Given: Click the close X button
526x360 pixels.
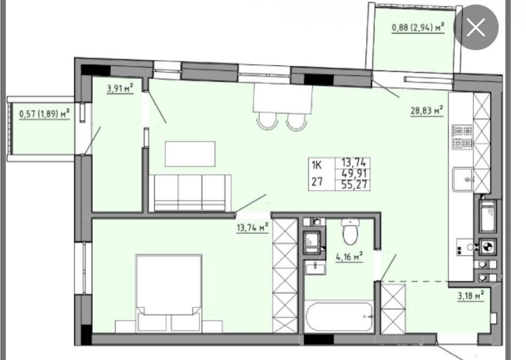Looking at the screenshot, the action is [476, 27].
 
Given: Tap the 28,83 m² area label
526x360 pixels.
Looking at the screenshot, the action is [427, 111].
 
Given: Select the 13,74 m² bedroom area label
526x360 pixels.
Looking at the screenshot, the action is [252, 227].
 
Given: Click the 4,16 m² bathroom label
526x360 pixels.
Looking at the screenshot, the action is [349, 257].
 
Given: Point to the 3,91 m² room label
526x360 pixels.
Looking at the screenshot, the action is [120, 88].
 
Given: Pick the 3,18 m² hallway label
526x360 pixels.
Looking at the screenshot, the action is [471, 296].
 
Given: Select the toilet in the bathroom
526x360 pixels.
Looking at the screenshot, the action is [350, 231].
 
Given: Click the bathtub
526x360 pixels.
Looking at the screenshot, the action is [339, 316].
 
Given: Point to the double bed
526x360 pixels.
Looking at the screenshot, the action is [169, 293].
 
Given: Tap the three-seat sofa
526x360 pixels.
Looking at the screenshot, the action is [190, 193].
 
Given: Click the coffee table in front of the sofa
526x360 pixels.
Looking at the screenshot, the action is [190, 154].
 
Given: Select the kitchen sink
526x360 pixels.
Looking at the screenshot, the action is [462, 179].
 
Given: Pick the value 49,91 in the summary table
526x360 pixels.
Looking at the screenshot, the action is [354, 174].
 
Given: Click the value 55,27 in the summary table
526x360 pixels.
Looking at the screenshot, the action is [354, 185].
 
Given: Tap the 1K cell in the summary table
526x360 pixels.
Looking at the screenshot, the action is [317, 165].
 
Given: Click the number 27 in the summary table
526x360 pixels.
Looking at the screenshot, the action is [317, 182].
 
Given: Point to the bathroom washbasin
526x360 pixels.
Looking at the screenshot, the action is [315, 267].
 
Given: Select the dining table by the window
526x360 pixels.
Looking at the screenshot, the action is [282, 97].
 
